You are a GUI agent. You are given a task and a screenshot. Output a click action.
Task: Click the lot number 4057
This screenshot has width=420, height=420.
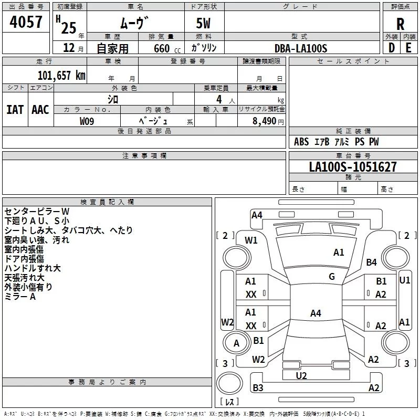[x=26, y=22]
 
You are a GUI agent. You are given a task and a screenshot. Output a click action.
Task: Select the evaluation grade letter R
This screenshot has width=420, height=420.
[x=400, y=24]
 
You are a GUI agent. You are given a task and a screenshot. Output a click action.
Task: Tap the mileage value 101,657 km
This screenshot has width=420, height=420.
[x=61, y=76]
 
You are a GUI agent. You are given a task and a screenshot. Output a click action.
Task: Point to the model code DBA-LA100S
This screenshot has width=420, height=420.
[x=301, y=48]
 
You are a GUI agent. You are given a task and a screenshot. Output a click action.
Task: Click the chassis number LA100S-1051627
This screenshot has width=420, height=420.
[x=353, y=167]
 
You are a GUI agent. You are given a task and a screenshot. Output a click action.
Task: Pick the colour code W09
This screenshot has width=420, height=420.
[x=87, y=121]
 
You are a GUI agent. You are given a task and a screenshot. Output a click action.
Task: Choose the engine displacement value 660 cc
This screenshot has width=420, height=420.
[x=167, y=49]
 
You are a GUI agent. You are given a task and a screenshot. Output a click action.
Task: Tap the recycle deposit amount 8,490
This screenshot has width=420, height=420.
[x=264, y=121]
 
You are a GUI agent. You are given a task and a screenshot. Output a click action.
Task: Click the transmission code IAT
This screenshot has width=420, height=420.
[x=15, y=110]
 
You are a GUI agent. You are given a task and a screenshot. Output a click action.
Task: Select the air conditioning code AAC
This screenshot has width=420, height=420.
[x=40, y=110]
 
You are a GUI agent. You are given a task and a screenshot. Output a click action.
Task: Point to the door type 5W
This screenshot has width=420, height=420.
[x=203, y=23]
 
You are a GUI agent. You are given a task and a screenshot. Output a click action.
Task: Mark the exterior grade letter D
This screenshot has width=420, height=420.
[x=392, y=48]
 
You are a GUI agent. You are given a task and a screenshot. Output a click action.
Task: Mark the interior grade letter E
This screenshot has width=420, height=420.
[x=408, y=48]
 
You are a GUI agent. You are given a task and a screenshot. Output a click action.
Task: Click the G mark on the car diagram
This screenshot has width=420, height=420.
[x=332, y=277]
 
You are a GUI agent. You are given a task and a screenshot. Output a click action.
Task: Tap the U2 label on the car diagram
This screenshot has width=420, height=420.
[x=301, y=376]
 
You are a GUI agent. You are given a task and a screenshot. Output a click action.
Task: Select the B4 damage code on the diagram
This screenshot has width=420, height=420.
[x=371, y=262]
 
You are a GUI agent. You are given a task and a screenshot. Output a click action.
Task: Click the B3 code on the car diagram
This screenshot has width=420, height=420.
[x=258, y=387]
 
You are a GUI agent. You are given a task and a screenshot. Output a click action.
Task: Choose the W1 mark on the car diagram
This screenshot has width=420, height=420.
[x=251, y=240]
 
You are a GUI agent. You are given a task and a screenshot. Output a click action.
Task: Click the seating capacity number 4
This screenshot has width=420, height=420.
[x=219, y=99]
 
